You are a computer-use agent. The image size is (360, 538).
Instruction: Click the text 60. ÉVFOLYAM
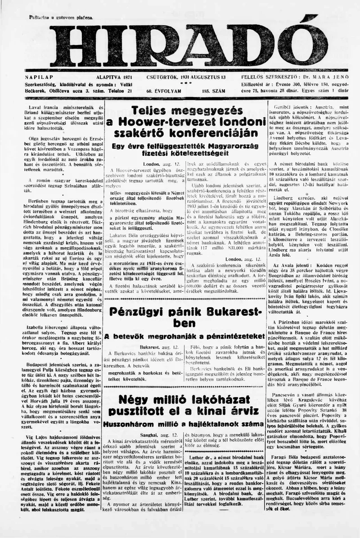pos(163,90)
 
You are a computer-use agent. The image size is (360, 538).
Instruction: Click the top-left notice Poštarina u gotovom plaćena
pos(61,17)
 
